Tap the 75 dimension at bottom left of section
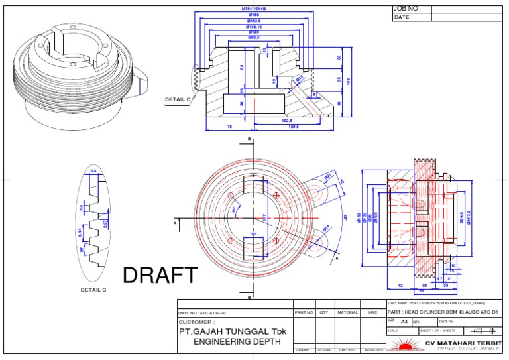[x=230, y=126]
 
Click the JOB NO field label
[x=406, y=9]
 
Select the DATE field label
[x=402, y=17]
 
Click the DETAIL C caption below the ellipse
[x=93, y=290]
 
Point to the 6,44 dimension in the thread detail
[x=80, y=231]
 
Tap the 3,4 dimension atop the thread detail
[x=93, y=171]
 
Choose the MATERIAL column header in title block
[x=347, y=312]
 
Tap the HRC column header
[x=372, y=312]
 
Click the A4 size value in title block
[x=405, y=321]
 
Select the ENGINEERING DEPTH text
[x=237, y=341]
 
